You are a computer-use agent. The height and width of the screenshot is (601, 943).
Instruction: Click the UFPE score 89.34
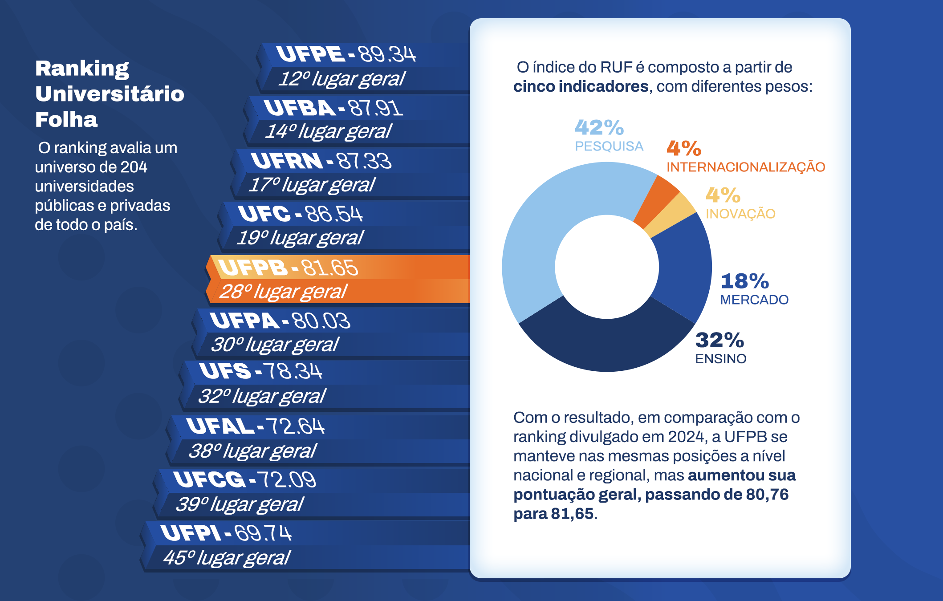tap(387, 54)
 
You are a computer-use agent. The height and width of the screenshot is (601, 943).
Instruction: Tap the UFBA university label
tap(299, 108)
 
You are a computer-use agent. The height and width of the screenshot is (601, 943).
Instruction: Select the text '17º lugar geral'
tap(312, 185)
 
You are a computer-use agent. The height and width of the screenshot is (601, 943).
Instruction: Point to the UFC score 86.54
tap(334, 214)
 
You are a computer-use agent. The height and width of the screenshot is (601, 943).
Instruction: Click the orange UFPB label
tap(252, 268)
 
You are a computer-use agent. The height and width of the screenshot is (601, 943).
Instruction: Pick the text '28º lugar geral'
tap(283, 292)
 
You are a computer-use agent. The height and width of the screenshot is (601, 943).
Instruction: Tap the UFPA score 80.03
tap(321, 321)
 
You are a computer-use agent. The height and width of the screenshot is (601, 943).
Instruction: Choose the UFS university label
tap(225, 371)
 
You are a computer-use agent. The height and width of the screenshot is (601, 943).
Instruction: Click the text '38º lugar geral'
tap(252, 451)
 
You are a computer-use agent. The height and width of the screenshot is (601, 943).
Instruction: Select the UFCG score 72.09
tap(287, 480)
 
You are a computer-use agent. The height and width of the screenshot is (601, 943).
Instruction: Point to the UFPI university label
tap(190, 533)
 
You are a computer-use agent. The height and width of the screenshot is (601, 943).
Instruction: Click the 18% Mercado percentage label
tap(745, 281)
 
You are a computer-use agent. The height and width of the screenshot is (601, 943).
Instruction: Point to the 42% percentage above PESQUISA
tap(599, 127)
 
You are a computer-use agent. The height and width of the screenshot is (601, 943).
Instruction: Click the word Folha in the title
tap(66, 120)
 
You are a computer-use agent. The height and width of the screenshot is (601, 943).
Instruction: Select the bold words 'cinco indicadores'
tap(581, 86)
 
